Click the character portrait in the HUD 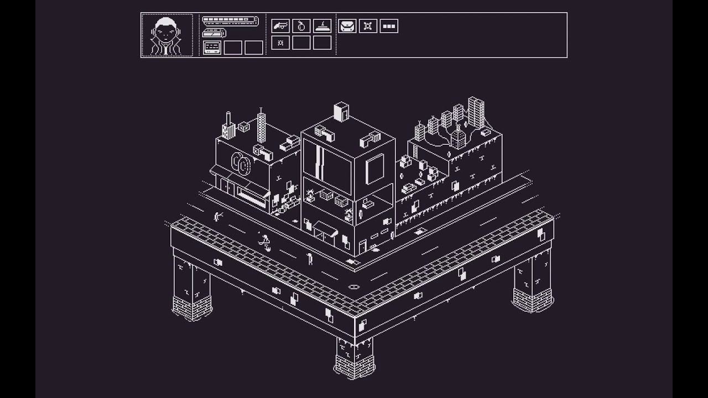[167, 35]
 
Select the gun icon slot [280, 25]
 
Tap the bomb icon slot [301, 25]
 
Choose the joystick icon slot [322, 25]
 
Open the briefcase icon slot [347, 25]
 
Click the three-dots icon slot [389, 25]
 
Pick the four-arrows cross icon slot [368, 25]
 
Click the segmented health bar [230, 20]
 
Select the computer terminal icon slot [212, 48]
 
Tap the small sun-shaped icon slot [280, 43]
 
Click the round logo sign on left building [241, 163]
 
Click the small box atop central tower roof [341, 111]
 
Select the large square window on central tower [374, 168]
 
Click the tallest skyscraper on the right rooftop [476, 112]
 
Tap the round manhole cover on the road [353, 287]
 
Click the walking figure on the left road [265, 242]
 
